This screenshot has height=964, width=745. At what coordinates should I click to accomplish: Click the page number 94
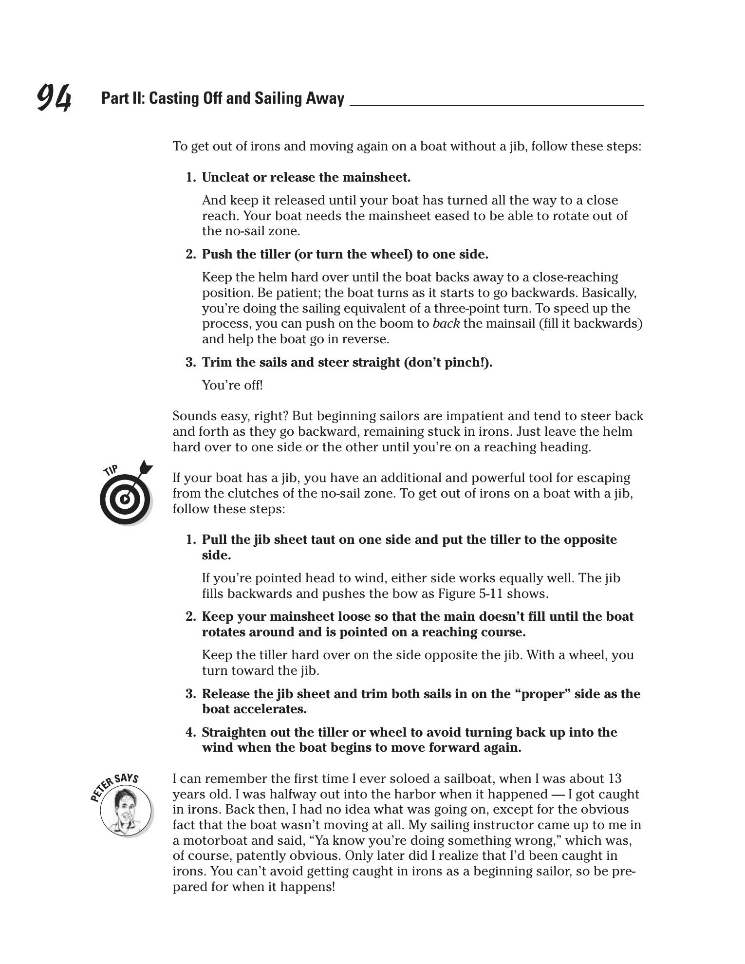click(x=54, y=97)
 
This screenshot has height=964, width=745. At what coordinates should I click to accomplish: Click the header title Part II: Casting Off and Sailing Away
click(x=223, y=98)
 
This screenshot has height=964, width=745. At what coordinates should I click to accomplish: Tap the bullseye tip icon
click(x=125, y=499)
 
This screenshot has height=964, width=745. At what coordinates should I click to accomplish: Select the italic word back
click(x=446, y=324)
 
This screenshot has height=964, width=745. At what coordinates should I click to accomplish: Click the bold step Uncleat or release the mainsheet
click(x=306, y=178)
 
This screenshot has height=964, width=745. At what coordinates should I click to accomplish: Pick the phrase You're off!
click(x=232, y=385)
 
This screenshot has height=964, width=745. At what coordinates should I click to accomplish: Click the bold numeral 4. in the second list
click(x=191, y=732)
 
